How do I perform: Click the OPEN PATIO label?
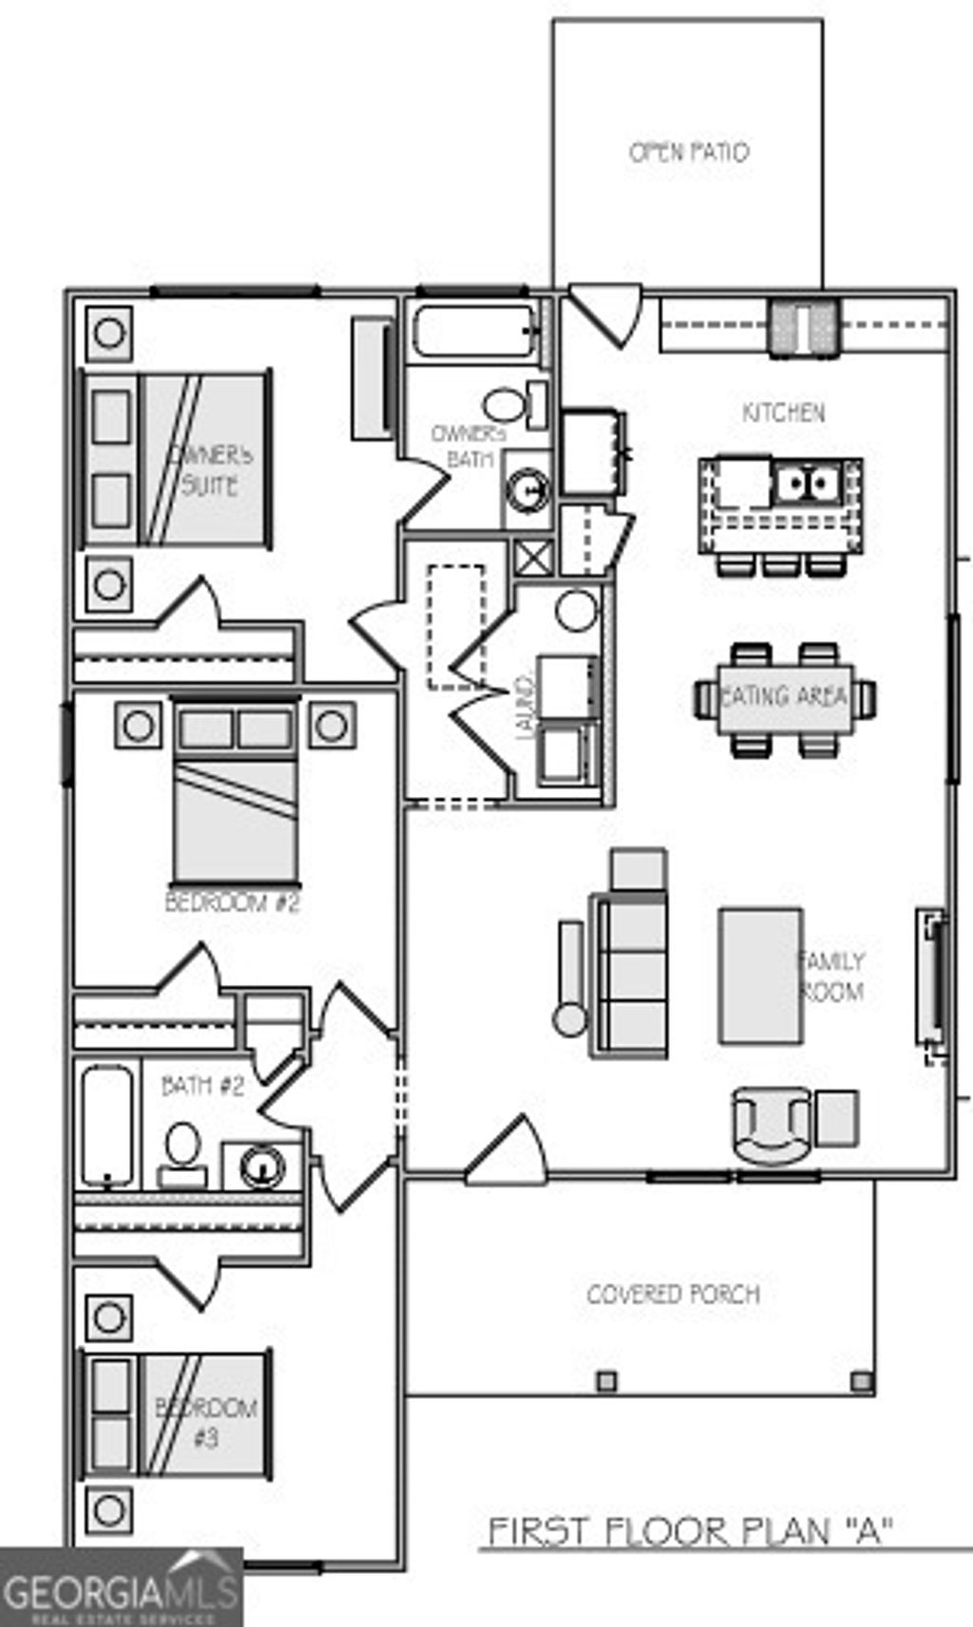click(688, 152)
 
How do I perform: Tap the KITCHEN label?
click(783, 413)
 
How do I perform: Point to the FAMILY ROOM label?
click(830, 976)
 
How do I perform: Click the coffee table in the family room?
click(759, 975)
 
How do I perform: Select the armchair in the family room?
click(772, 1125)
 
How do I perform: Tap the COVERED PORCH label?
click(673, 1295)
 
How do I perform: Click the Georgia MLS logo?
click(121, 1587)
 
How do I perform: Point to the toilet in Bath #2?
click(182, 1151)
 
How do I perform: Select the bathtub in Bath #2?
click(105, 1125)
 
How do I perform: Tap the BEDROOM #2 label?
click(232, 901)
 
